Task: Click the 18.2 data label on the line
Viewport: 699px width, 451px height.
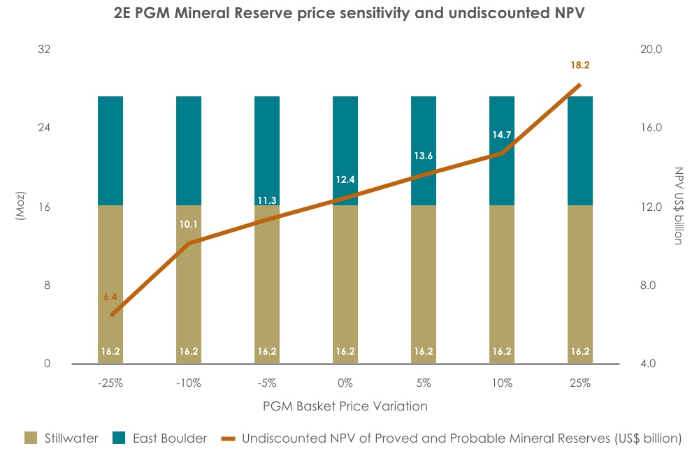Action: pyautogui.click(x=580, y=65)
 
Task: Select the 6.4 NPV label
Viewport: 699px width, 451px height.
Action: pyautogui.click(x=110, y=297)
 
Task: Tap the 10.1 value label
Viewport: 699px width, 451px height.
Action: pyautogui.click(x=189, y=225)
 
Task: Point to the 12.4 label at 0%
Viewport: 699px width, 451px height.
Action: pyautogui.click(x=345, y=179)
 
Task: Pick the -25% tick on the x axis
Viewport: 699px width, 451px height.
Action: pyautogui.click(x=110, y=383)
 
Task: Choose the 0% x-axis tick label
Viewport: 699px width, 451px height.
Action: pyautogui.click(x=345, y=383)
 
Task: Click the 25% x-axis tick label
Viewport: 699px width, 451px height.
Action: pyautogui.click(x=580, y=383)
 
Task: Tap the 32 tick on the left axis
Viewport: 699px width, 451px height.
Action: pyautogui.click(x=47, y=50)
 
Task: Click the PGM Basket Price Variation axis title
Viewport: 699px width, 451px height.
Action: pyautogui.click(x=345, y=406)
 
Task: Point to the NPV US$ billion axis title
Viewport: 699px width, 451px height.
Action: pyautogui.click(x=677, y=206)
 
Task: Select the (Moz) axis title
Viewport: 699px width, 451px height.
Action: pyautogui.click(x=20, y=206)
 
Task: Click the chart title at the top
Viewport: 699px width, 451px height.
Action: pyautogui.click(x=348, y=13)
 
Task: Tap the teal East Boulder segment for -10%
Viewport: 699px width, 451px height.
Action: pyautogui.click(x=189, y=150)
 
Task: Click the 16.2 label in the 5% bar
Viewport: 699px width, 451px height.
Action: pyautogui.click(x=424, y=351)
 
